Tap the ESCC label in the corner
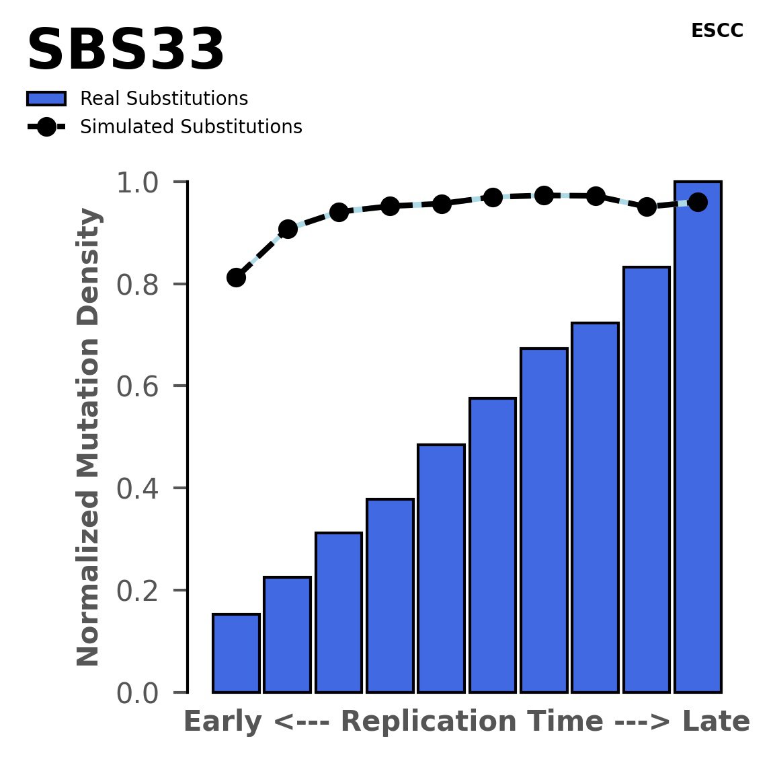pos(717,31)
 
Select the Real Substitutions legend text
pos(164,99)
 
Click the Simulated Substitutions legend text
pos(191,127)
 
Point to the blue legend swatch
pos(46,99)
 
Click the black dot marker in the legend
pos(46,127)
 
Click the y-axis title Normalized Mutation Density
pos(89,437)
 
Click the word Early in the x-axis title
pos(222,722)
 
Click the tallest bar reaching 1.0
pos(698,437)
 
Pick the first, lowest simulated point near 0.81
pos(236,277)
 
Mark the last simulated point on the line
pos(698,202)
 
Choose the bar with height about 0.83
pos(647,479)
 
